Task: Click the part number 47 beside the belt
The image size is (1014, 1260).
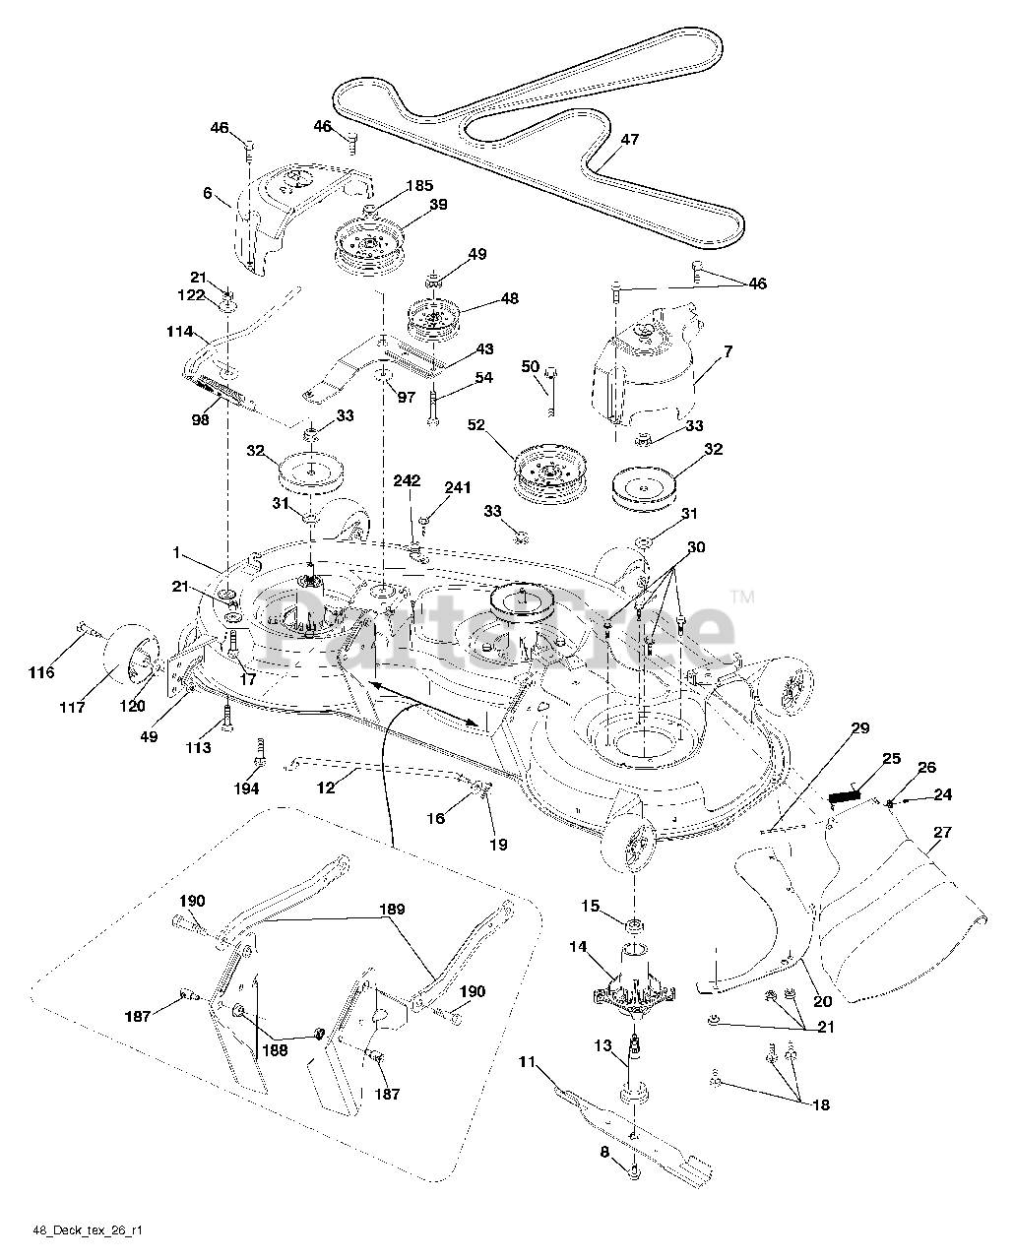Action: coord(630,139)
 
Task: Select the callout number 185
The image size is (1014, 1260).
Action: coord(418,185)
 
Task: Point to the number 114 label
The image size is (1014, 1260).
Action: coord(179,332)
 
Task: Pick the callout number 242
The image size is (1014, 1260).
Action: coord(407,481)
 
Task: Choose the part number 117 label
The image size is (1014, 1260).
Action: coord(72,707)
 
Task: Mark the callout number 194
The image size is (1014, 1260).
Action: coord(246,789)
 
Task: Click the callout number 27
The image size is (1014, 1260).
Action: coord(942,832)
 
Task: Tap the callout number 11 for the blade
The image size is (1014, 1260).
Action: coord(528,1061)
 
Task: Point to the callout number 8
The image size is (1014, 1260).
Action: coord(604,1151)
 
